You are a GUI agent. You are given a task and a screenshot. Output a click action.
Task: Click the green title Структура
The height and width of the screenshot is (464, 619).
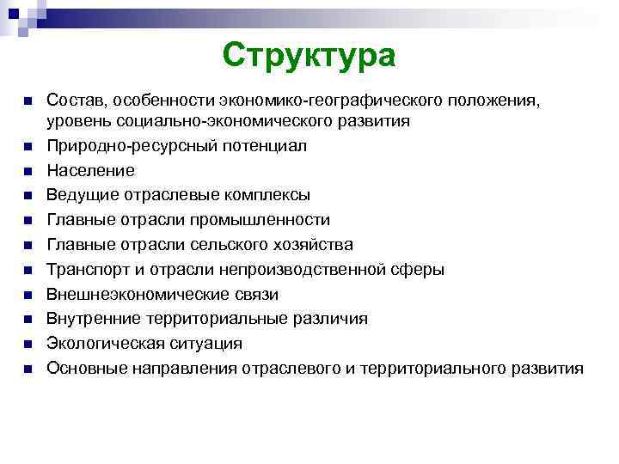(309, 56)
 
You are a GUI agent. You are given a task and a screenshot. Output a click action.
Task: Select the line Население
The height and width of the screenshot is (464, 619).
(90, 171)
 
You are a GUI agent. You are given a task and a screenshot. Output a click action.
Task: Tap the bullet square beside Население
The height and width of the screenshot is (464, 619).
(29, 171)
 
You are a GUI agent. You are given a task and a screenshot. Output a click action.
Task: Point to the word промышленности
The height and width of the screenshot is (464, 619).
(263, 220)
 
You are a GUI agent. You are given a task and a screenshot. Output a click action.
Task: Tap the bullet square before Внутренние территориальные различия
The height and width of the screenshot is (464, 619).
(29, 319)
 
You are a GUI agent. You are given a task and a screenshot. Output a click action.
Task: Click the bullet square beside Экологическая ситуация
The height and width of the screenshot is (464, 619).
(29, 344)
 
